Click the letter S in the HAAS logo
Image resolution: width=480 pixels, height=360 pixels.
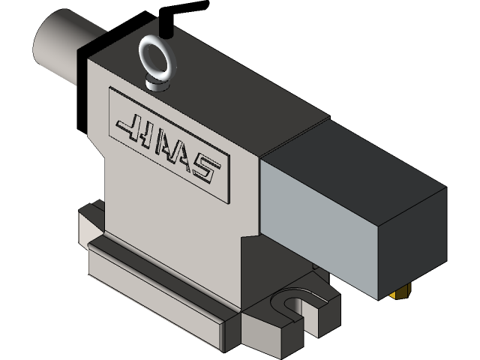(208, 174)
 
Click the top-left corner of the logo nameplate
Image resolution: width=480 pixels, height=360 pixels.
(110, 90)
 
